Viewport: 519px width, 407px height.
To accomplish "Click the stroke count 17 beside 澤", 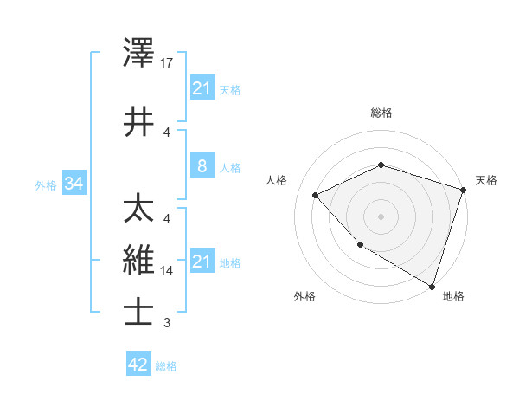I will pyautogui.click(x=168, y=63).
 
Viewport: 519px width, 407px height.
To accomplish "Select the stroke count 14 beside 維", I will pyautogui.click(x=168, y=271).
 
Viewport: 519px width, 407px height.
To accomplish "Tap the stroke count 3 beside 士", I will pyautogui.click(x=167, y=323).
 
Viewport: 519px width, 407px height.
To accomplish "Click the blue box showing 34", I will pyautogui.click(x=74, y=184).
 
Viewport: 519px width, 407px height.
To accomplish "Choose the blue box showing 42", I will pyautogui.click(x=138, y=365).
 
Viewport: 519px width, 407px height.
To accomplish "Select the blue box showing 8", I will pyautogui.click(x=202, y=166).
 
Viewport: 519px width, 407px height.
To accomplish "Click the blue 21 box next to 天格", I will pyautogui.click(x=202, y=88).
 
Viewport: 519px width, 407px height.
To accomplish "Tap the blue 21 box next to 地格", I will pyautogui.click(x=202, y=262).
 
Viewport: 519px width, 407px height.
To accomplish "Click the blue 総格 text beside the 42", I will pyautogui.click(x=166, y=366).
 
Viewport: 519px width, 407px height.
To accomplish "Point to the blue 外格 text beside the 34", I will pyautogui.click(x=46, y=185).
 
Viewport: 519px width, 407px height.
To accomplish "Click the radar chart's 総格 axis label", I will pyautogui.click(x=381, y=113).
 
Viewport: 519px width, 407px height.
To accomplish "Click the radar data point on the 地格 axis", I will pyautogui.click(x=431, y=285).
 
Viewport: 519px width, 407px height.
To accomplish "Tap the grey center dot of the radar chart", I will pyautogui.click(x=381, y=216).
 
